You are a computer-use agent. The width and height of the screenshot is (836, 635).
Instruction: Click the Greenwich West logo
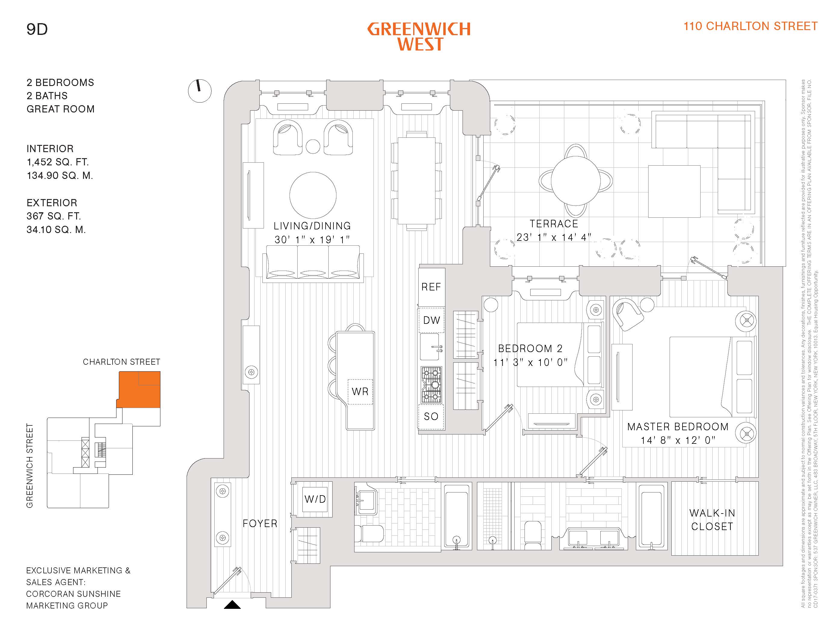(419, 36)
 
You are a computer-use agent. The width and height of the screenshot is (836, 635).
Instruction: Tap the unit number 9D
(37, 29)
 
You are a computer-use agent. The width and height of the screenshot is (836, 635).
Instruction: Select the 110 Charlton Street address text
(750, 26)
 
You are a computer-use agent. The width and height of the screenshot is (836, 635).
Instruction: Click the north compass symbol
(199, 91)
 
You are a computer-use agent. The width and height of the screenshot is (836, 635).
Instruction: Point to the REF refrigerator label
(431, 287)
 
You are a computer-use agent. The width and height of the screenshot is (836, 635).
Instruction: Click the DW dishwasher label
(431, 320)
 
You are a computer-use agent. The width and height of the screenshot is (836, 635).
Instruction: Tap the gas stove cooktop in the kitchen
(431, 385)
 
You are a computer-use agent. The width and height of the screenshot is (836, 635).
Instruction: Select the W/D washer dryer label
(315, 499)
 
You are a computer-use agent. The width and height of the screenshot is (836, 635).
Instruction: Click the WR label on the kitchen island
(360, 391)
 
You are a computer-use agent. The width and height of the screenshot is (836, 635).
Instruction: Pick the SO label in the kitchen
(431, 416)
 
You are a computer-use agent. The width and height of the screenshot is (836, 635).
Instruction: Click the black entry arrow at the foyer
(232, 605)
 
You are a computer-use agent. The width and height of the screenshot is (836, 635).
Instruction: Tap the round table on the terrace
(575, 180)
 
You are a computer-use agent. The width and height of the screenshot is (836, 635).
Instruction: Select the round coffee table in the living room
(313, 195)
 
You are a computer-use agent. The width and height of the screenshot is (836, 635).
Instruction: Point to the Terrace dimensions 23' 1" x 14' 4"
(554, 237)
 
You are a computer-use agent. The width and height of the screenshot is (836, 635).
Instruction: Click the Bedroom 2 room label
(530, 348)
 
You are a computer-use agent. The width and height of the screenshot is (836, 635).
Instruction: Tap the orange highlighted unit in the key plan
(139, 390)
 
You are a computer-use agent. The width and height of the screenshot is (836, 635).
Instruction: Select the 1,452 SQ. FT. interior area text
(57, 162)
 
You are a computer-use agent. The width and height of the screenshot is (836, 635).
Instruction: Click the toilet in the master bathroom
(533, 535)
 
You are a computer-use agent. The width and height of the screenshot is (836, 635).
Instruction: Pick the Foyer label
(260, 523)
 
